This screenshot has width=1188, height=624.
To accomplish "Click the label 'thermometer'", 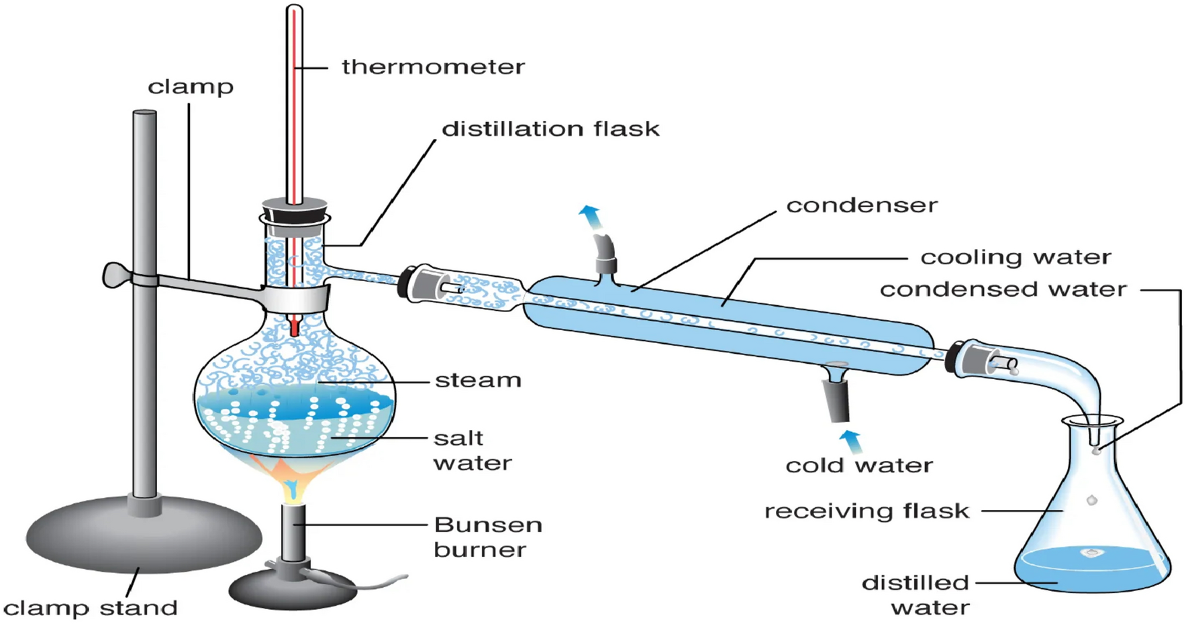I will tap(433, 66).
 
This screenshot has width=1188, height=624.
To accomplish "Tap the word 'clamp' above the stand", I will tap(191, 87).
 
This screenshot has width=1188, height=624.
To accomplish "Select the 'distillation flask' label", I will tap(550, 128).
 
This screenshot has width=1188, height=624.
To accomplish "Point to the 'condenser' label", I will tap(862, 205).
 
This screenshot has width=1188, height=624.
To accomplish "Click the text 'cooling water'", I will tap(1016, 257).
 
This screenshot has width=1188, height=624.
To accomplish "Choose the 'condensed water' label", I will tap(1003, 289).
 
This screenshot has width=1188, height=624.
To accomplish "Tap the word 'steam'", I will tap(478, 380).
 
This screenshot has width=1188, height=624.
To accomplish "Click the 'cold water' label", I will tap(859, 465).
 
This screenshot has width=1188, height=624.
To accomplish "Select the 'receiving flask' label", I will tap(867, 511).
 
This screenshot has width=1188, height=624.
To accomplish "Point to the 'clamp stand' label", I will tap(91, 608).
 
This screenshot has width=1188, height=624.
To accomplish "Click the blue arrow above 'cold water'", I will tap(850, 441).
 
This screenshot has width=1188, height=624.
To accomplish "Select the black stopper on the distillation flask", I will tap(294, 209).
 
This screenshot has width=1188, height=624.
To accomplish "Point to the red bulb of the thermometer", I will tap(294, 327).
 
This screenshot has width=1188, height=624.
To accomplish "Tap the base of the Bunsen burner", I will tap(292, 588).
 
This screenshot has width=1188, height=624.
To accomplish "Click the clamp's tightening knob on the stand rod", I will tap(114, 275).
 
